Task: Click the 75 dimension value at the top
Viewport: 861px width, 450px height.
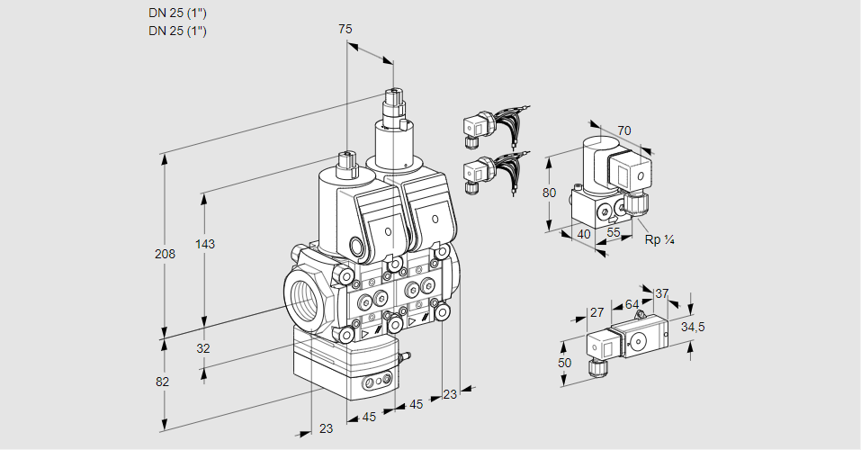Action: click(x=345, y=29)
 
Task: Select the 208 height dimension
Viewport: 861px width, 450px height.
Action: click(x=164, y=254)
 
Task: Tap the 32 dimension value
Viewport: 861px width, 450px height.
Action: click(x=202, y=349)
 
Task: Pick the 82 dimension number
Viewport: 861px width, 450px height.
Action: click(x=162, y=382)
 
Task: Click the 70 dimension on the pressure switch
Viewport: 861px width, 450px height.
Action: click(x=624, y=130)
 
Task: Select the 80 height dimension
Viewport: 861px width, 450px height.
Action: click(x=551, y=193)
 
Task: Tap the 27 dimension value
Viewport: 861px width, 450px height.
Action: click(x=596, y=313)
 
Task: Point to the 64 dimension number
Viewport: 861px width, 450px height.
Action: click(x=632, y=305)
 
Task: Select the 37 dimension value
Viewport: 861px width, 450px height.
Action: click(x=662, y=293)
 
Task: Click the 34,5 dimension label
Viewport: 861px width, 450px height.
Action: click(x=693, y=327)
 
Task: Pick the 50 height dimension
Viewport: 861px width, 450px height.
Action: click(x=564, y=363)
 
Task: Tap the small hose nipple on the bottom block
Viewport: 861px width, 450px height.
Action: click(x=404, y=359)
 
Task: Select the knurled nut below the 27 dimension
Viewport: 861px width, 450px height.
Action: click(x=594, y=368)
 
